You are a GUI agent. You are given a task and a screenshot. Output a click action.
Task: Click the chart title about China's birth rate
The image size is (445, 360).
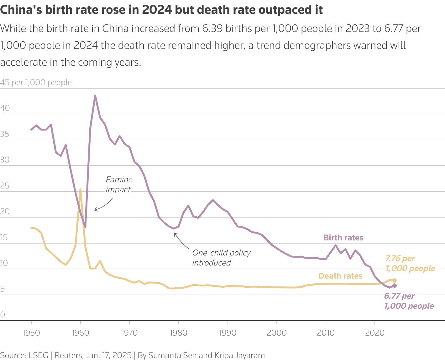coord(161,10)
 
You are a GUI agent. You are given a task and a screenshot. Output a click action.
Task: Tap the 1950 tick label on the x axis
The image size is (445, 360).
coord(31,332)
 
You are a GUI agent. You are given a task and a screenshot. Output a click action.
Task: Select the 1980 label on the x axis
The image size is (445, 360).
coord(179,332)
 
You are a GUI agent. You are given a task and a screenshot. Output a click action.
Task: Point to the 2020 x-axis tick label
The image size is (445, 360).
coord(375,332)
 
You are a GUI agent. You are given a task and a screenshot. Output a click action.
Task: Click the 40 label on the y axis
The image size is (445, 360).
coord(5,108)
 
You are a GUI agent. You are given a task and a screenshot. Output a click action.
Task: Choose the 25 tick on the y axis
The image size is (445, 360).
coord(5,186)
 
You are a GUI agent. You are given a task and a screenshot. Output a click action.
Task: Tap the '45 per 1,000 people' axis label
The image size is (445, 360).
coord(36,82)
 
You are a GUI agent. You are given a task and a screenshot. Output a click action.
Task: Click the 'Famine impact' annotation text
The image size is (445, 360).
coord(119,184)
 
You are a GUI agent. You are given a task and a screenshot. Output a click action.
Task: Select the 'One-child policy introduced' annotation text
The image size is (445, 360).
coord(221,258)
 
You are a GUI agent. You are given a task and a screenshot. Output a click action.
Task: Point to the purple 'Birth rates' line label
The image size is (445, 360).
coord(343,238)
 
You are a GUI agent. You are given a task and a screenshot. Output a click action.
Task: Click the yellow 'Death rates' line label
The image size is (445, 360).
coord(340,276)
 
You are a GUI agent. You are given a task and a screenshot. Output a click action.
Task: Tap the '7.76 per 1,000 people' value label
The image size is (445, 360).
coord(410,263)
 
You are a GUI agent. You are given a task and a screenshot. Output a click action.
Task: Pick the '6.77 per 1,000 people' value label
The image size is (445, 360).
coord(409,301)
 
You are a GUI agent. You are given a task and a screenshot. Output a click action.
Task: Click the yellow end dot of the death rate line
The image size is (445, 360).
coord(395,280)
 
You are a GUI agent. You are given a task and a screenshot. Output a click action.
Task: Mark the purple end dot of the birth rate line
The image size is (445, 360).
coord(395,285)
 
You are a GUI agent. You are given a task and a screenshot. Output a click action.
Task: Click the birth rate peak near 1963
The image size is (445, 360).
coord(95,95)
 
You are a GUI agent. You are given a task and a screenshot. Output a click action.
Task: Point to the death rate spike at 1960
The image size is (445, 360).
coord(81,189)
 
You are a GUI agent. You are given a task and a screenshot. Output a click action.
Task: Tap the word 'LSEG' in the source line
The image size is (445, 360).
coord(39,355)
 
